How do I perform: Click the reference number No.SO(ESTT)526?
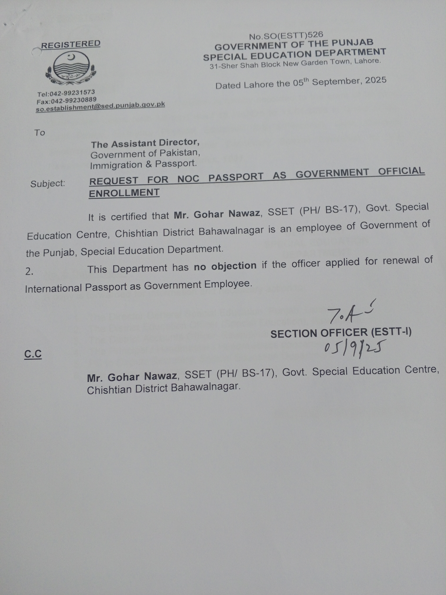coord(286,35)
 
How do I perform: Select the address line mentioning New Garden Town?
coord(295,64)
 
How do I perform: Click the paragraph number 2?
coord(29,272)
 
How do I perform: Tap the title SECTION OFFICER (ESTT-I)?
coord(341,333)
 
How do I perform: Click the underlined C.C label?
coord(33,354)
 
